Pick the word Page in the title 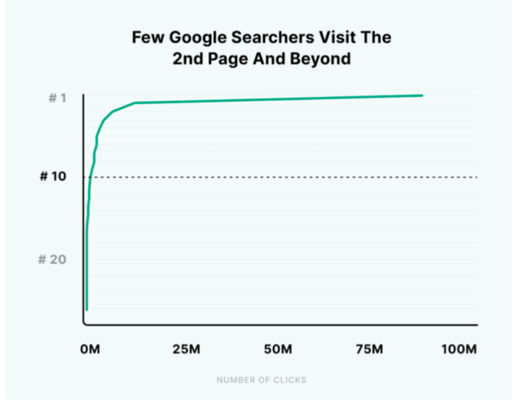pos(225,58)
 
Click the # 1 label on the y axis pos(57,98)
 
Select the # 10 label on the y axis pos(53,177)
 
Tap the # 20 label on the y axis pos(53,259)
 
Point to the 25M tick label pos(186,350)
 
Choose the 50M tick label pos(279,350)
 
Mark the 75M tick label pos(370,350)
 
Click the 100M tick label pos(460,350)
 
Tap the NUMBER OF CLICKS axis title pos(262,380)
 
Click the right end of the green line pos(422,96)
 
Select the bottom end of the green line pos(87,309)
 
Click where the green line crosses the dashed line pos(90,177)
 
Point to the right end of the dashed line pos(478,177)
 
